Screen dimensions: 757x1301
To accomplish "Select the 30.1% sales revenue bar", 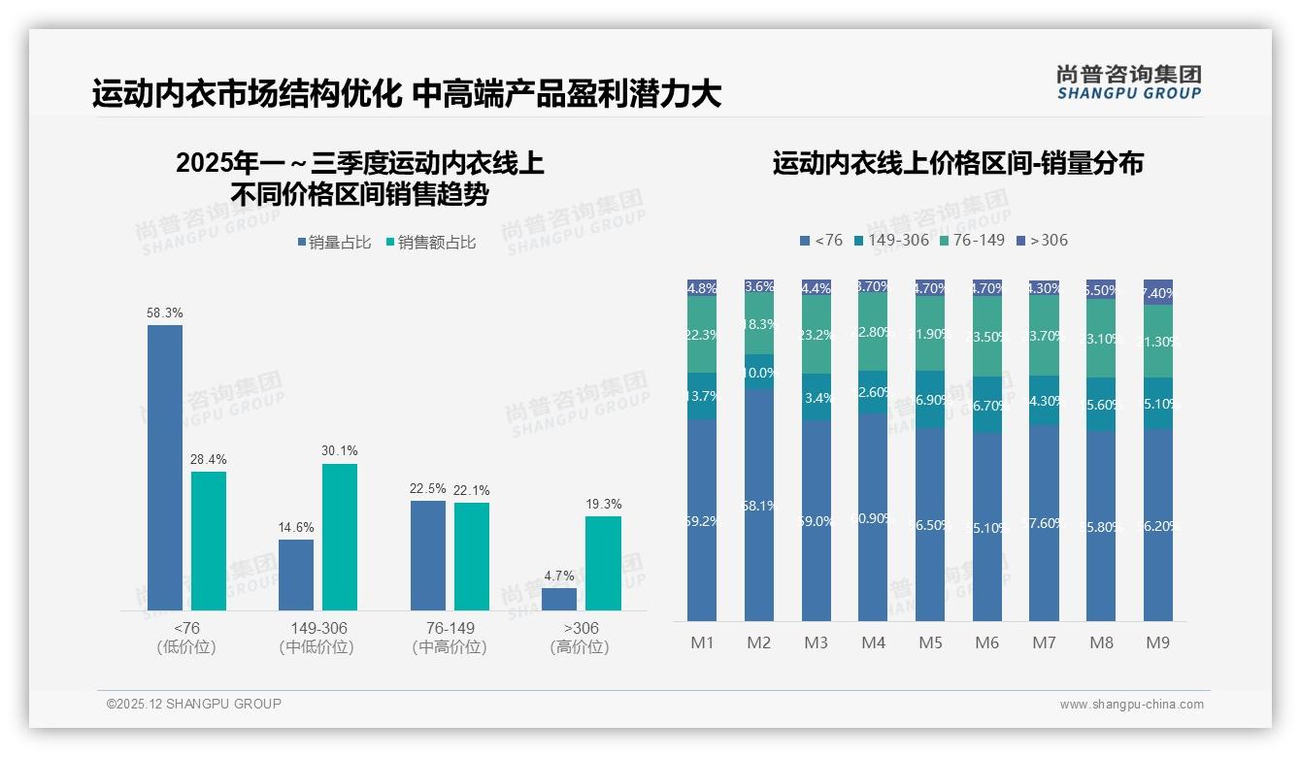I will pos(340,537).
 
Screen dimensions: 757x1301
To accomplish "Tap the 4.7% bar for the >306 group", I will pos(559,599).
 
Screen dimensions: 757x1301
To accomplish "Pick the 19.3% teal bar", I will pos(603,563).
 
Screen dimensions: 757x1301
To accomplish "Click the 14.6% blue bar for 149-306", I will pos(296,575).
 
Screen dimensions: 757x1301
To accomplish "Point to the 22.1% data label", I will pos(471,491).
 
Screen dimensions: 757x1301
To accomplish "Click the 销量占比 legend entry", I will pos(334,243).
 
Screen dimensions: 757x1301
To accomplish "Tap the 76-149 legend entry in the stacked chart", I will pos(970,240).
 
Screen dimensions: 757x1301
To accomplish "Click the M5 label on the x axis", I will pos(930,642).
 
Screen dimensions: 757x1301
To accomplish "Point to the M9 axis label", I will pos(1158,642).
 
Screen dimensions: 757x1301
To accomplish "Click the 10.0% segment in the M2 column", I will pos(759,373).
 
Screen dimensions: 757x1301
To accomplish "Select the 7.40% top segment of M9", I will pos(1158,292).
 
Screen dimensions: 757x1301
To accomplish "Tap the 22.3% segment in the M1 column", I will pos(702,335).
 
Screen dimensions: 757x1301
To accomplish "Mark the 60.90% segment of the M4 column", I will pos(873,517).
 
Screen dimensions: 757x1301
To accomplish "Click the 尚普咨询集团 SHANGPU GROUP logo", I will pos(1129,82).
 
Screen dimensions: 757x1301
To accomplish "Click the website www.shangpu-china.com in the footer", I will pos(1131,705).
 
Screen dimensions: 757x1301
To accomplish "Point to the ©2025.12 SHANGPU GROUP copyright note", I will pos(194,704).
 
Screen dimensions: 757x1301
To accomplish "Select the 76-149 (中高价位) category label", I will pos(450,638).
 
